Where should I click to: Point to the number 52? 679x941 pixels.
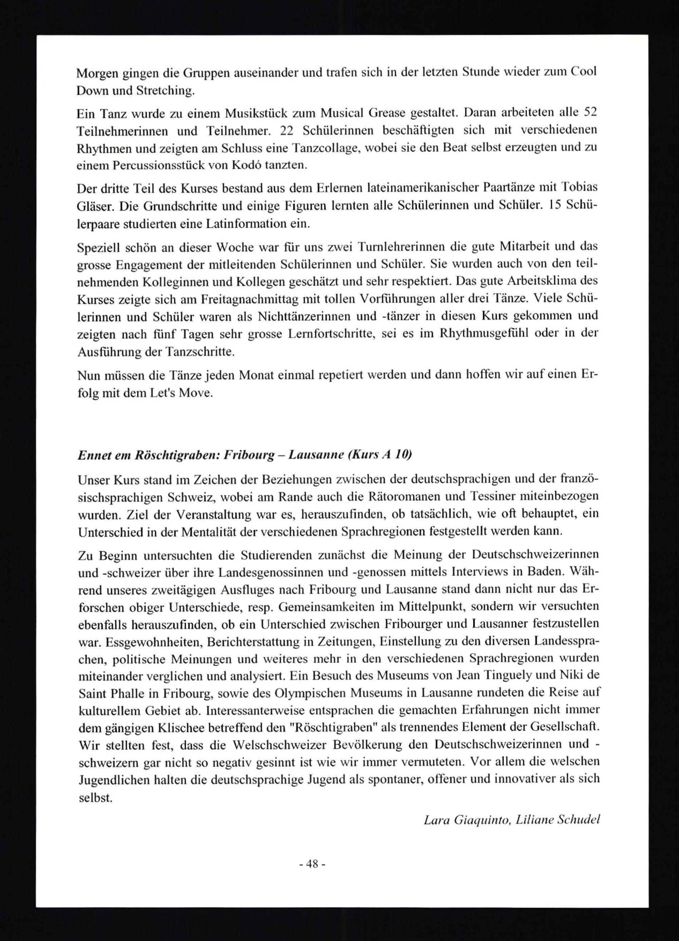[x=589, y=113]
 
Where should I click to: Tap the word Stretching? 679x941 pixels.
[x=165, y=91]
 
